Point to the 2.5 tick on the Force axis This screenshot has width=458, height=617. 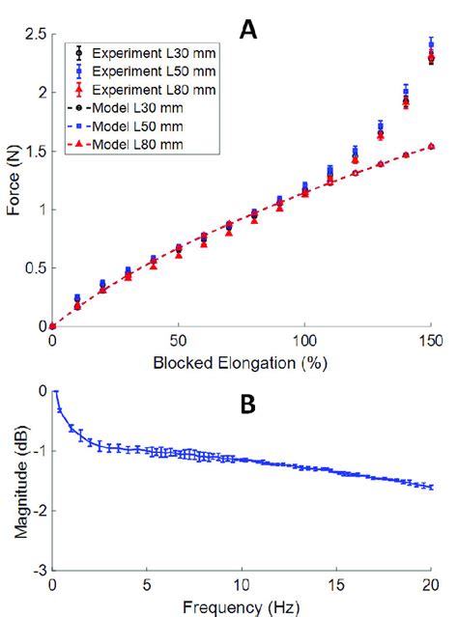pos(35,35)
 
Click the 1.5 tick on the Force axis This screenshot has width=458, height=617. pos(35,152)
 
